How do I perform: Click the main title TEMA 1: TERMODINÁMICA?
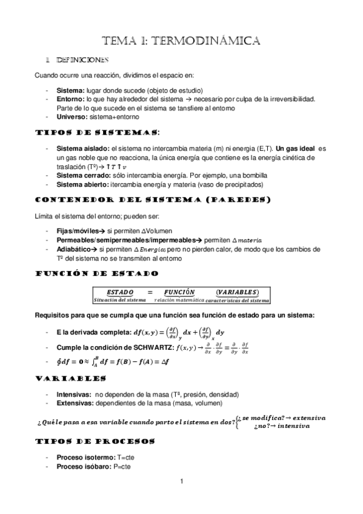(x=182, y=41)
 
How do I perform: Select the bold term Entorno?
(x=71, y=98)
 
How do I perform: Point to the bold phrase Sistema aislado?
(x=82, y=149)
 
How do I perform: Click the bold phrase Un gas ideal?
(x=296, y=149)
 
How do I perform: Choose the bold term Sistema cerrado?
(x=82, y=175)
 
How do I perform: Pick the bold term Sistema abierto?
(x=82, y=184)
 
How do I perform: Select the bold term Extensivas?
(x=74, y=403)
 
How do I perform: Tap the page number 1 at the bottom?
(x=181, y=482)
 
